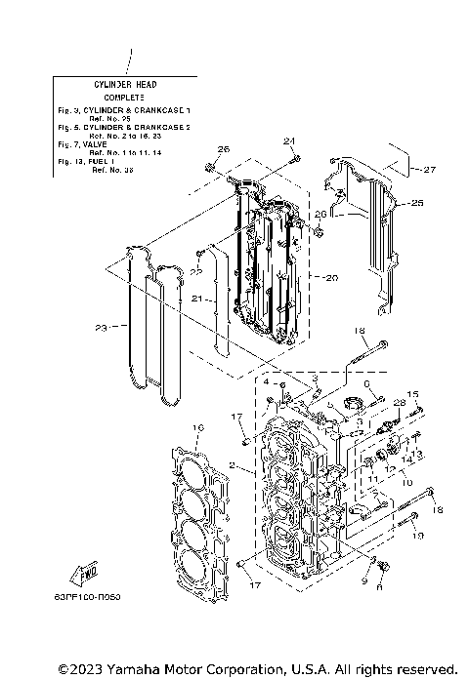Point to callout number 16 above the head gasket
(197, 428)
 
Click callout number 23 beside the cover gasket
(100, 328)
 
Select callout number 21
(196, 298)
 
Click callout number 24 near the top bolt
(289, 140)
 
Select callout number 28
(399, 402)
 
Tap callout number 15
(412, 394)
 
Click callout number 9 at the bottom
(364, 579)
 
